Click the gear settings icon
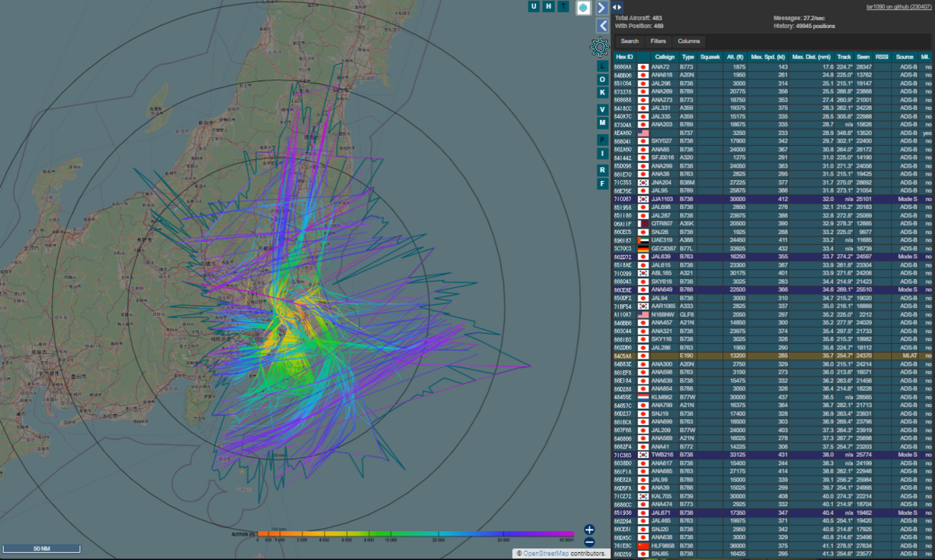[x=599, y=48]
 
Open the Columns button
[x=688, y=41]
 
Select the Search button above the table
[x=630, y=41]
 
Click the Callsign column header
[x=665, y=57]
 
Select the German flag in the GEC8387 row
[x=644, y=248]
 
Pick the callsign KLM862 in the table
[x=664, y=396]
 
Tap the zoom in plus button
[x=589, y=530]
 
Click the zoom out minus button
[x=589, y=541]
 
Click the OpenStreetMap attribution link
[x=552, y=554]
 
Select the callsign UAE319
[x=663, y=239]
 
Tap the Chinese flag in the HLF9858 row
[x=644, y=544]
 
